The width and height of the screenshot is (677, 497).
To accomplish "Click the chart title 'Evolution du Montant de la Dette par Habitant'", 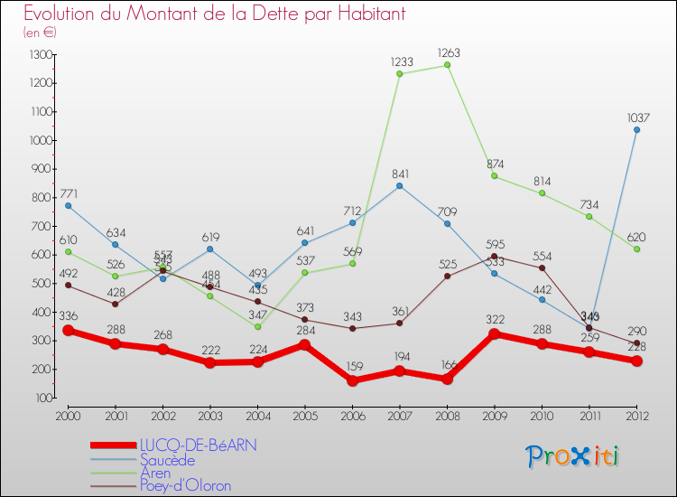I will click(214, 14).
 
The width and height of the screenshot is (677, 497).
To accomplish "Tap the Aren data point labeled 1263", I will click(448, 65).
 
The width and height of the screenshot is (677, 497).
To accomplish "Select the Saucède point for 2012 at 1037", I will click(636, 129).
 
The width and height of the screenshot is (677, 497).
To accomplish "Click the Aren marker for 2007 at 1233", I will click(400, 73).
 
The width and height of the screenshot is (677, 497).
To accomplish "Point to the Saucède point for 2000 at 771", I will click(69, 205).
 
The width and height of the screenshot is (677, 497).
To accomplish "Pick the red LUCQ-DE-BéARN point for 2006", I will click(353, 380).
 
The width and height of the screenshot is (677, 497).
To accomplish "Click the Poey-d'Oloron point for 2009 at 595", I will click(495, 256).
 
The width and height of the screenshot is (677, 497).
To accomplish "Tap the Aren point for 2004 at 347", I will click(258, 326).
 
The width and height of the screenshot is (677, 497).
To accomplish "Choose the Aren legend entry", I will click(155, 472).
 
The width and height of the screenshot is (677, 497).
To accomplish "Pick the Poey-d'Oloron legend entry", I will click(185, 485).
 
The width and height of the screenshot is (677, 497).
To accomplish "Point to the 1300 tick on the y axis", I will click(42, 54).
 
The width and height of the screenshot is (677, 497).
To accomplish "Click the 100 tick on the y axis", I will click(43, 398).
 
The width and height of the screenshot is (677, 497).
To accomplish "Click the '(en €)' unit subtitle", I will click(41, 33).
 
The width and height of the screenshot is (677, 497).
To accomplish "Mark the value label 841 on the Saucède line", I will click(400, 173).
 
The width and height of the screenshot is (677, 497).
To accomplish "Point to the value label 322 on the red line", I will click(495, 321).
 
